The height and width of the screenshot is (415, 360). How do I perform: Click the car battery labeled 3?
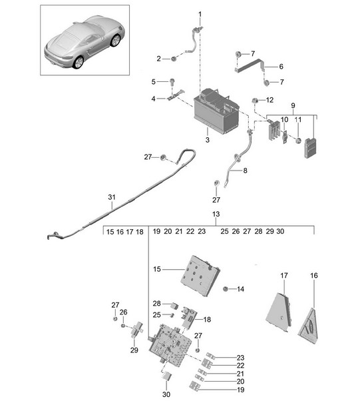(x=216, y=111)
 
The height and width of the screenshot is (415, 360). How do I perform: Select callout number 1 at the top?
(x=200, y=14)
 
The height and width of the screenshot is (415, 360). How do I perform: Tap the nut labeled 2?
(x=174, y=59)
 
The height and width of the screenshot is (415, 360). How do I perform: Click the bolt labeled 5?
(x=172, y=81)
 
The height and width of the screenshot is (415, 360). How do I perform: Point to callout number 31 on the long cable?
(x=112, y=197)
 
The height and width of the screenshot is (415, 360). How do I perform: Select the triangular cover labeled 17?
(x=279, y=312)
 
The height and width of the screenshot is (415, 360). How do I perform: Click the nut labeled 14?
(x=226, y=288)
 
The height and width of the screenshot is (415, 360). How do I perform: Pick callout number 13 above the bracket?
(x=216, y=214)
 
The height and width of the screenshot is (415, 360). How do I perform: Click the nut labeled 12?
(x=255, y=101)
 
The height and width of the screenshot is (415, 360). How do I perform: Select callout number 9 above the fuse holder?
(x=293, y=106)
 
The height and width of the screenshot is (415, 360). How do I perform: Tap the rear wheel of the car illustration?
(x=79, y=62)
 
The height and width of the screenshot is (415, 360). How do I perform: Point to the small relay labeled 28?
(x=175, y=306)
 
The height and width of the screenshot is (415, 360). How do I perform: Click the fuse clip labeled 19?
(x=195, y=386)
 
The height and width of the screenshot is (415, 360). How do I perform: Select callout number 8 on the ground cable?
(x=245, y=171)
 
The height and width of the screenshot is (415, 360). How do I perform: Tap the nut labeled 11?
(x=298, y=141)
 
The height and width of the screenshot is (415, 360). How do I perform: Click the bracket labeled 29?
(x=138, y=330)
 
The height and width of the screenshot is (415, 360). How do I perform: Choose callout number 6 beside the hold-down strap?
(x=281, y=67)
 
